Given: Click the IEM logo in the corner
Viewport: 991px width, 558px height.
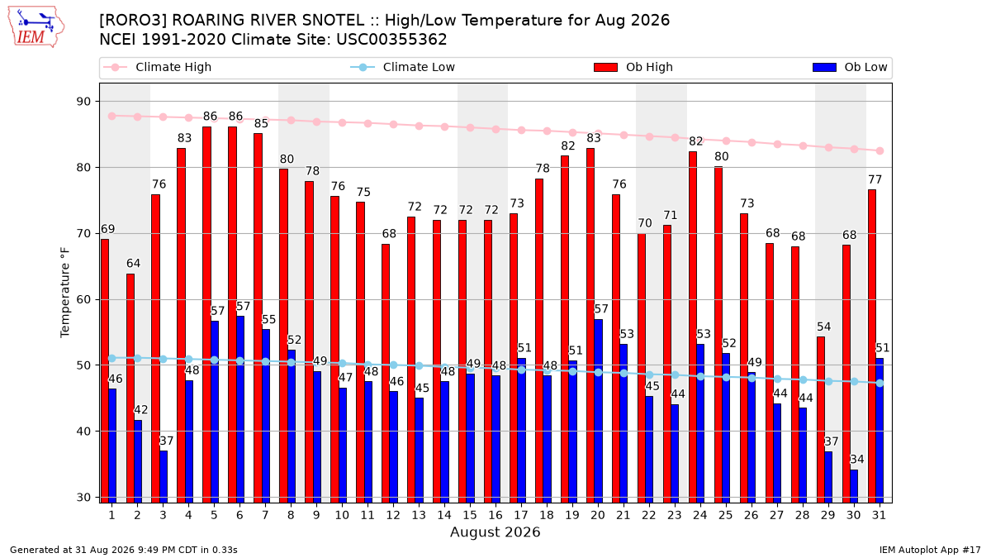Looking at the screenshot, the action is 36,27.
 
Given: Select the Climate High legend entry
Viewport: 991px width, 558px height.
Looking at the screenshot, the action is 157,67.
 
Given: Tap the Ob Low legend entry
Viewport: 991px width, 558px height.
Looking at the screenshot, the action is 850,67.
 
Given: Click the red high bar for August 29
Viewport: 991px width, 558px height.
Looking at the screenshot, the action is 820,420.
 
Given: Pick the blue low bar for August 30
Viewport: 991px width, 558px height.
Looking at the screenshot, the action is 854,486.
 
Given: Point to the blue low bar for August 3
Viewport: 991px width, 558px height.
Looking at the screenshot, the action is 164,477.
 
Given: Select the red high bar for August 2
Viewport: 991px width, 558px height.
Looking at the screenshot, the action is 130,389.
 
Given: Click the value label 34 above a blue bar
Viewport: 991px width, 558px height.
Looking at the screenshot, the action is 857,460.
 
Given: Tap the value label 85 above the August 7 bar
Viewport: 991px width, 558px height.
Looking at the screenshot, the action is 262,123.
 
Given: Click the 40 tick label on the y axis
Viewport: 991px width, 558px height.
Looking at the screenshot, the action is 83,432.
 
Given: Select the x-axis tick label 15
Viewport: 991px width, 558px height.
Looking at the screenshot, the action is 470,515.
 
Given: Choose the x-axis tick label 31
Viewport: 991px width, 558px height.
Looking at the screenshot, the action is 879,515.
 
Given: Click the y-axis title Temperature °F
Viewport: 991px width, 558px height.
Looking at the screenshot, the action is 64,293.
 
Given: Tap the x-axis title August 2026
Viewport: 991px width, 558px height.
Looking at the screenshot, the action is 495,532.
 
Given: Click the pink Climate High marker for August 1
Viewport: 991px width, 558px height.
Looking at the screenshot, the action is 112,116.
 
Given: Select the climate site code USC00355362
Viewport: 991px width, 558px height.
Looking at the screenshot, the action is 391,40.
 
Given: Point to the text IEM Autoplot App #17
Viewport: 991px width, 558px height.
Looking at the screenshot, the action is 930,550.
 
